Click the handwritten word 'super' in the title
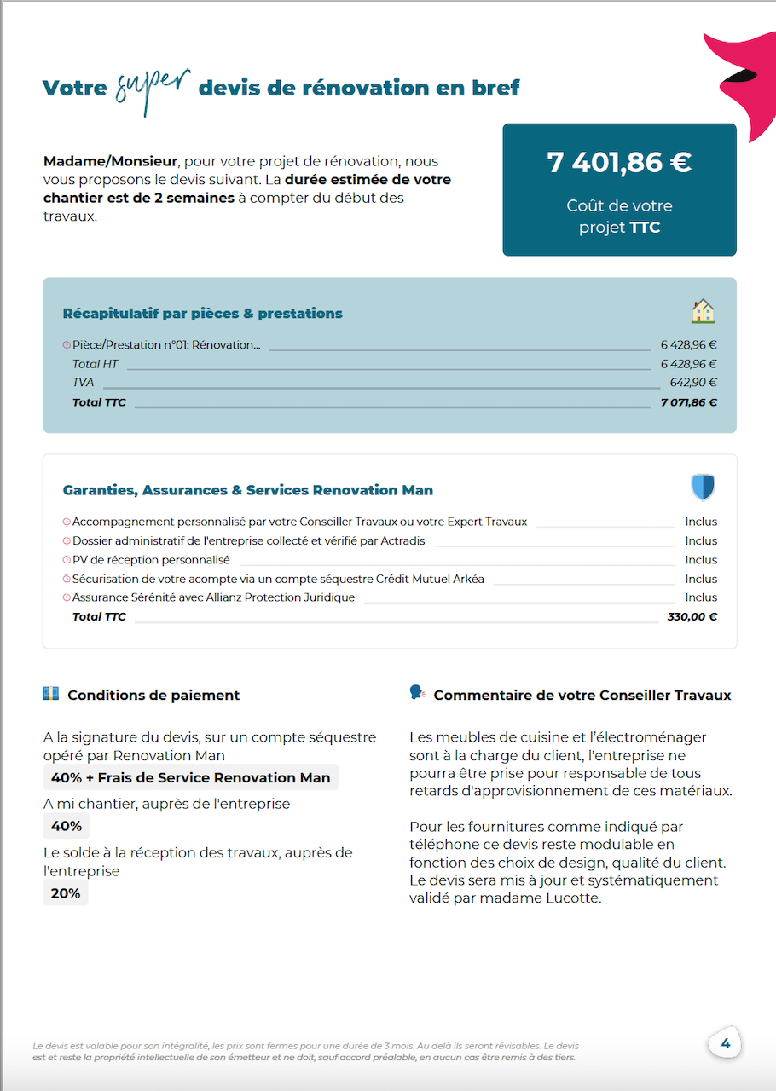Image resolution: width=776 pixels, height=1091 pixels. click(x=153, y=88)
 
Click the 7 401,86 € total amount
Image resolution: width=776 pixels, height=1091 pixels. click(x=619, y=162)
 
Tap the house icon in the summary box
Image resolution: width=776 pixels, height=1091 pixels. click(x=703, y=312)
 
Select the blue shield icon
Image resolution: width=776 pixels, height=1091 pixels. click(x=703, y=488)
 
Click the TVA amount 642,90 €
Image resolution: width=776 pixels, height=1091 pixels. click(x=693, y=383)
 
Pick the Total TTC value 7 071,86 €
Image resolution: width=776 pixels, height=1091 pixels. click(x=688, y=402)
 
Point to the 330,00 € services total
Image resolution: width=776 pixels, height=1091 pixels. click(x=692, y=616)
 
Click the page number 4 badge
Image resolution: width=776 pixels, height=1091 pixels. click(x=725, y=1043)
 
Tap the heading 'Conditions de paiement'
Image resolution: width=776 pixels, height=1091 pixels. click(x=153, y=696)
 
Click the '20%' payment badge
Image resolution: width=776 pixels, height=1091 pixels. click(x=66, y=893)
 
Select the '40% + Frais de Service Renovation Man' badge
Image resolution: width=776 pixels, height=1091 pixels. click(x=190, y=777)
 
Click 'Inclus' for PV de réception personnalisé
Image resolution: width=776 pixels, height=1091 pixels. click(x=701, y=560)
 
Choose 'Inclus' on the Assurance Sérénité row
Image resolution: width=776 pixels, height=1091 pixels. click(x=701, y=597)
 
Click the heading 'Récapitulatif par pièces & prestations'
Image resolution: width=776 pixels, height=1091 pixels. click(x=203, y=314)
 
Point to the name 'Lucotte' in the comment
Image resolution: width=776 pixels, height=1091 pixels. click(x=574, y=898)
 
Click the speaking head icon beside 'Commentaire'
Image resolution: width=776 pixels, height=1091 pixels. click(x=417, y=693)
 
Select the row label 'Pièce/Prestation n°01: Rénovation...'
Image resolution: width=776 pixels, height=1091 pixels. click(x=166, y=345)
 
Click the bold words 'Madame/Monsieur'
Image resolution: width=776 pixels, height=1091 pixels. click(x=110, y=161)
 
